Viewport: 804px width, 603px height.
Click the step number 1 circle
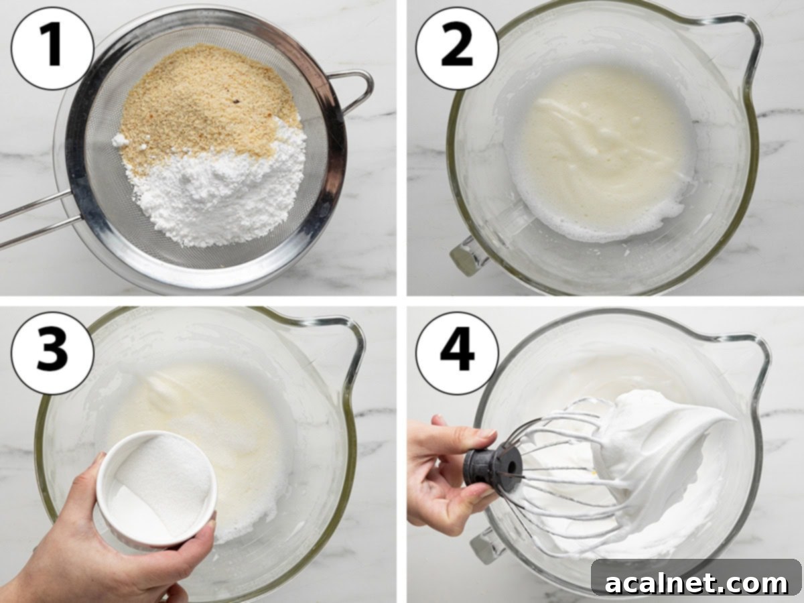pyautogui.click(x=52, y=48)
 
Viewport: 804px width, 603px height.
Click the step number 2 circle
pyautogui.click(x=457, y=48)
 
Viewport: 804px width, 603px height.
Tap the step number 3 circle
pyautogui.click(x=52, y=352)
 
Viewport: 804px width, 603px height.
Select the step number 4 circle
pyautogui.click(x=457, y=352)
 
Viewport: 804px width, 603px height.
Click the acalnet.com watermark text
pyautogui.click(x=697, y=583)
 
